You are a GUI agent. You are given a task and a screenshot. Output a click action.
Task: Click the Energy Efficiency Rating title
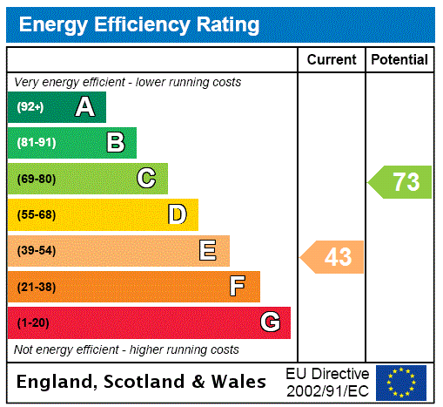point(139,25)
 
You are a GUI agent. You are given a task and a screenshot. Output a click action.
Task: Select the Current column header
point(332,60)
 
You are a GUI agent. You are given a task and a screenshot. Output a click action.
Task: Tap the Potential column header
point(399,60)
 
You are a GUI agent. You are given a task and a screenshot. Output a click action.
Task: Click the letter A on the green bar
point(84,107)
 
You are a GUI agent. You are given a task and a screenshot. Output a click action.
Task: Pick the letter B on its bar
point(115,143)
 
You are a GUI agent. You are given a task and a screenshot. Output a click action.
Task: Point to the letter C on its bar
point(146,179)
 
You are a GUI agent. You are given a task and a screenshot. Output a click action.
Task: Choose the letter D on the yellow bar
point(177,214)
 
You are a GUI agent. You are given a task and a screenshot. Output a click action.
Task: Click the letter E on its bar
point(208,251)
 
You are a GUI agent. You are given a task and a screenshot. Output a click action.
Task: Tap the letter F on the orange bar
point(237,287)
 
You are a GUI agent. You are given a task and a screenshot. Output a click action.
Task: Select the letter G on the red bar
point(270,322)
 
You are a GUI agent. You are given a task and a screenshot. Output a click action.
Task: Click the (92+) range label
point(30,107)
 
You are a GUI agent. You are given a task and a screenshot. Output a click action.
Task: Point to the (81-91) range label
point(36,143)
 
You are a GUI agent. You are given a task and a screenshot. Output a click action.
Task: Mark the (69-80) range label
point(36,179)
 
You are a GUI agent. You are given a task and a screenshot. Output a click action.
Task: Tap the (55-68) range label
point(36,214)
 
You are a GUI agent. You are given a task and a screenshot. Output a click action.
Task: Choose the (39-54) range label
point(36,251)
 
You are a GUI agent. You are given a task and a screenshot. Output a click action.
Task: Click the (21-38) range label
point(36,287)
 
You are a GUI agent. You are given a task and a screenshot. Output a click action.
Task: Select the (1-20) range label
point(33,322)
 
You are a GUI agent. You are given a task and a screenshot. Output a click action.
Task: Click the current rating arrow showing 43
point(332,257)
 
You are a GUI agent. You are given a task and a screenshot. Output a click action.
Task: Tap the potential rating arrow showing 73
point(400,182)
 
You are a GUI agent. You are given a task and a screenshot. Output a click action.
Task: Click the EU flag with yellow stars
point(401,382)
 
